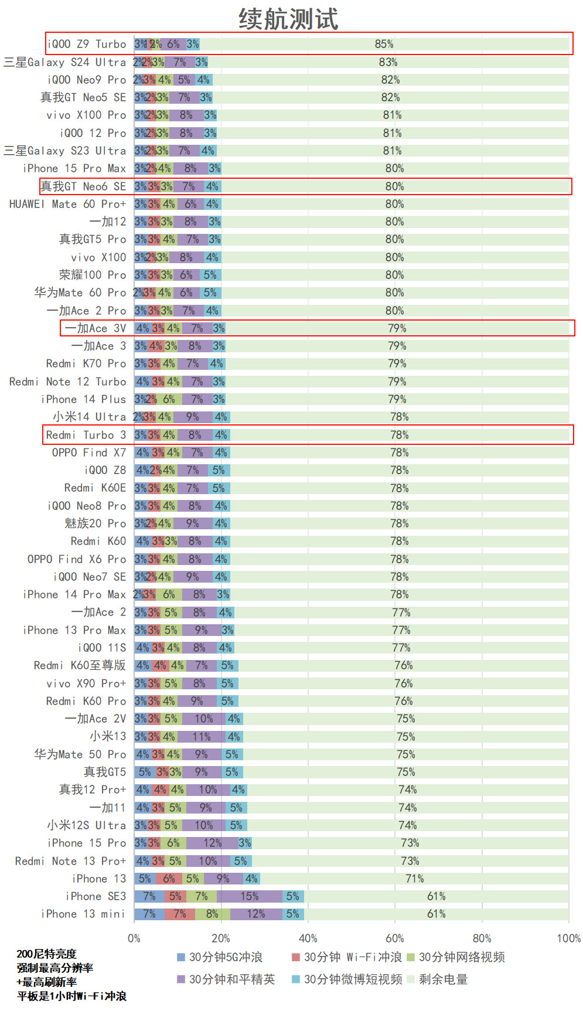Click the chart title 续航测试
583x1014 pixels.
click(x=288, y=19)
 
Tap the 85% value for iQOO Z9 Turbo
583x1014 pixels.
click(x=384, y=44)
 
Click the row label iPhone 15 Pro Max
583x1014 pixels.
click(x=74, y=169)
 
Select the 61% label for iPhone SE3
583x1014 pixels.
click(x=436, y=896)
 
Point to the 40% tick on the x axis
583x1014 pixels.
click(x=308, y=938)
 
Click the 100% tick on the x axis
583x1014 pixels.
click(x=568, y=938)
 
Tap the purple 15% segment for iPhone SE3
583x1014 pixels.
click(x=250, y=896)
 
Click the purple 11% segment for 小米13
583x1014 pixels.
click(x=202, y=737)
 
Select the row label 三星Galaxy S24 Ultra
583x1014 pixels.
click(x=64, y=62)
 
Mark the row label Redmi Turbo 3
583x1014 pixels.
click(x=86, y=435)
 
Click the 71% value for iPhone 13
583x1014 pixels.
click(x=414, y=879)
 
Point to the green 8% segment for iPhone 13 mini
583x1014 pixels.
click(x=212, y=914)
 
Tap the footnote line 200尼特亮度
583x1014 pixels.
click(x=46, y=954)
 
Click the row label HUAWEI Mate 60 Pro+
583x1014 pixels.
click(x=67, y=204)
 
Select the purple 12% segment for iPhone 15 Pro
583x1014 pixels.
click(x=212, y=843)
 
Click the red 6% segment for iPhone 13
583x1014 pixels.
click(x=169, y=879)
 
